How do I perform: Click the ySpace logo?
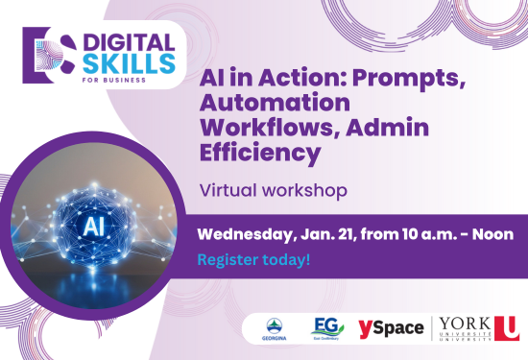390,327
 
